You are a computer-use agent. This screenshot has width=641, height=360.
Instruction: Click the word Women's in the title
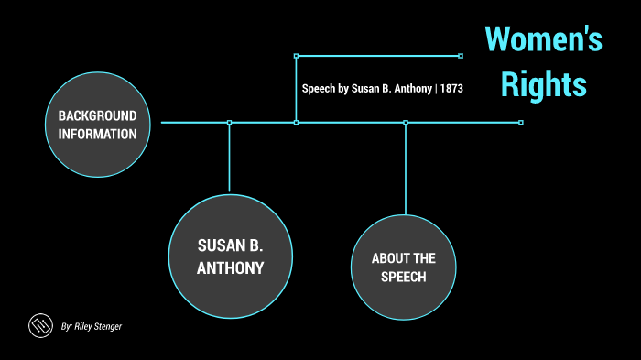click(x=544, y=40)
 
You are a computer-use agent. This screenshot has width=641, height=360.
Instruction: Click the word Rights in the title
click(x=543, y=84)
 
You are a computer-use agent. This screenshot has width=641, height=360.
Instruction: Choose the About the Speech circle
click(x=404, y=267)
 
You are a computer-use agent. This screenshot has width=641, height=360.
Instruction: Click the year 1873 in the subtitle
click(x=451, y=90)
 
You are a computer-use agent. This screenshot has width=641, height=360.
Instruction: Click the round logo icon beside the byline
click(x=39, y=325)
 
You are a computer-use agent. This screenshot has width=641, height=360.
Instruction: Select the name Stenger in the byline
click(x=104, y=326)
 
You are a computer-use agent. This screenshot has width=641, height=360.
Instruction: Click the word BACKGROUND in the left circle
click(x=97, y=116)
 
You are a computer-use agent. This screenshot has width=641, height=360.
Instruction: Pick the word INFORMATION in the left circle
click(x=97, y=135)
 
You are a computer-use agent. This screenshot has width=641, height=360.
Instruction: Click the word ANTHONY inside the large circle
click(x=230, y=268)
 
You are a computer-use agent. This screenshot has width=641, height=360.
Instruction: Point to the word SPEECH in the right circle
click(x=404, y=277)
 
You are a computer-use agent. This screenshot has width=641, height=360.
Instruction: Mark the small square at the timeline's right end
click(x=521, y=122)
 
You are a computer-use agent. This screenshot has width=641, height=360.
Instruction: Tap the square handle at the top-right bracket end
click(x=461, y=56)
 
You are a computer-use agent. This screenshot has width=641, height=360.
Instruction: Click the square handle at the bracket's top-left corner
click(x=296, y=56)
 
